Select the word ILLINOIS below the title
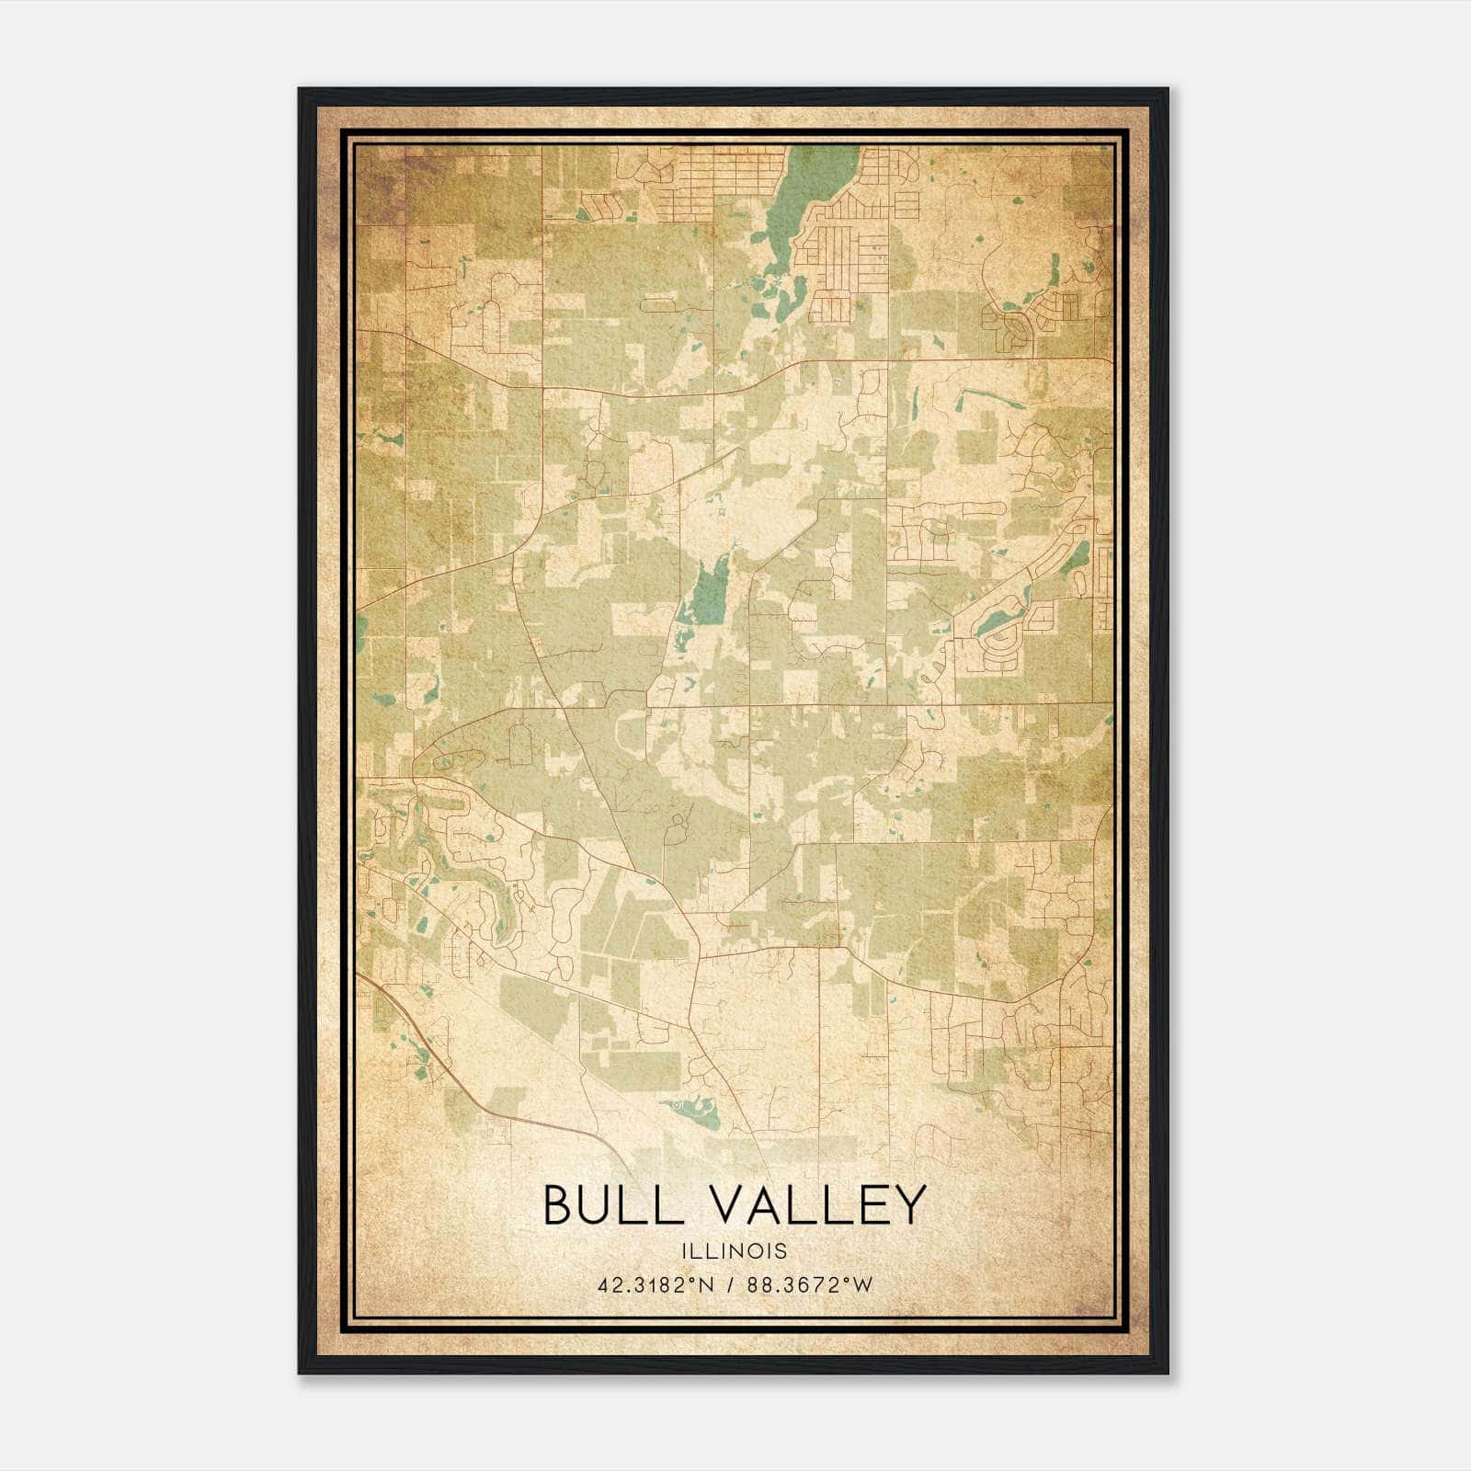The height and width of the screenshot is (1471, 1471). tap(734, 1250)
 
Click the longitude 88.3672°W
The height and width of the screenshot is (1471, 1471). tap(810, 1284)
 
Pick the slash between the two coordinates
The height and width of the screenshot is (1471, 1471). tap(732, 1284)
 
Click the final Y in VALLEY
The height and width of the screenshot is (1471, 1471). tap(907, 1204)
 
